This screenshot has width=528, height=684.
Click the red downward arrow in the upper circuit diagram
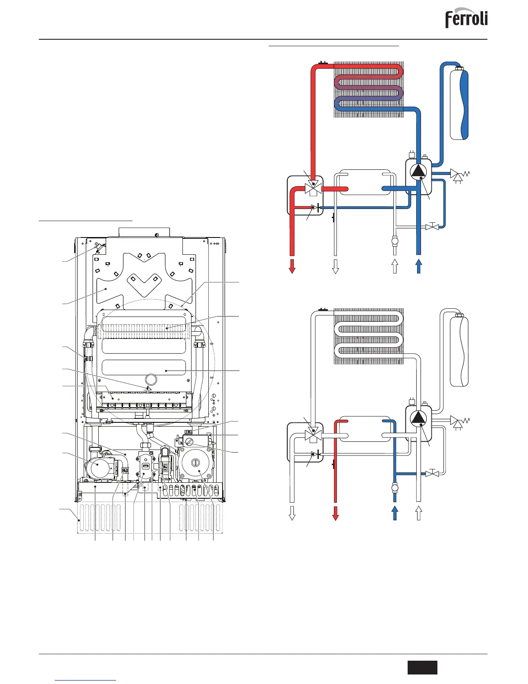pos(292,266)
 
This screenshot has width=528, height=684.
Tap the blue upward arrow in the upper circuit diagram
pos(418,266)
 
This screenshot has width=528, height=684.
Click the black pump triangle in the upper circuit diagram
pos(418,171)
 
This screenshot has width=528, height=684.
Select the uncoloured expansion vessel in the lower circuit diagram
pos(459,350)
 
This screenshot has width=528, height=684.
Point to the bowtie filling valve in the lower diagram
pos(432,474)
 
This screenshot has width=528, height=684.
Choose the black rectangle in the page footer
pos(422,667)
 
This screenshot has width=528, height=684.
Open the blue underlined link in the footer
pos(86,680)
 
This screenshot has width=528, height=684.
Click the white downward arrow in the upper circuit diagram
pos(335,266)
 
